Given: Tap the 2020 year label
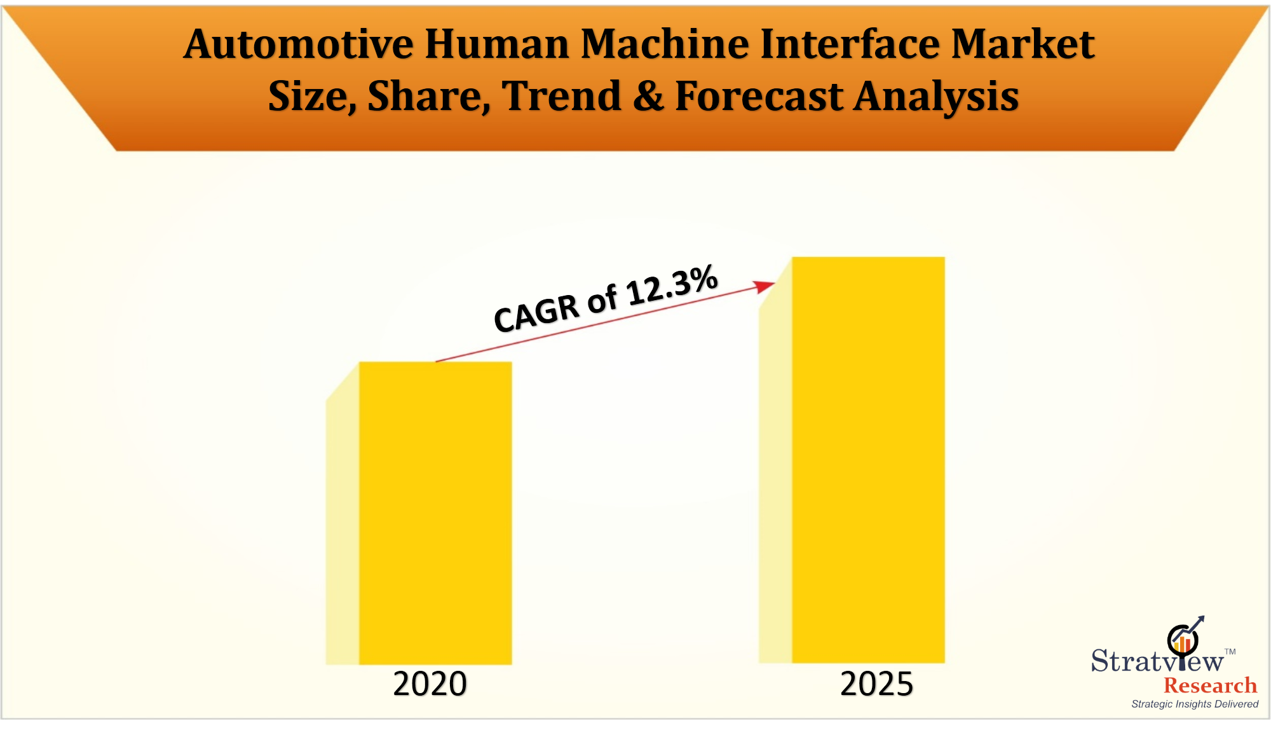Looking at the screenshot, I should (x=430, y=684).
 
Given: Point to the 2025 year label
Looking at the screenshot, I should (x=876, y=684).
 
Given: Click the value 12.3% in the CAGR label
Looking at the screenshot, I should (x=672, y=285).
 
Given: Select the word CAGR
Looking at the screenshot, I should (x=536, y=313).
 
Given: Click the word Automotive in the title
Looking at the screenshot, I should (x=298, y=45).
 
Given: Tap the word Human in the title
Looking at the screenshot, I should (x=497, y=45).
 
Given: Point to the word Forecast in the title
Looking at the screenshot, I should (x=759, y=97).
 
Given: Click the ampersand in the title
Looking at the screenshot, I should (x=648, y=97).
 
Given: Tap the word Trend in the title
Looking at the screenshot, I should (x=561, y=97).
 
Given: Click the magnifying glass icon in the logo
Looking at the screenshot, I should (x=1183, y=639).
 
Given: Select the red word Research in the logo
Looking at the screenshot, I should (x=1210, y=685).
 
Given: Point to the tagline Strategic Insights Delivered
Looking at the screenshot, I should (x=1195, y=704).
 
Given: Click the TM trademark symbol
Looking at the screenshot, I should (x=1230, y=652).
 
